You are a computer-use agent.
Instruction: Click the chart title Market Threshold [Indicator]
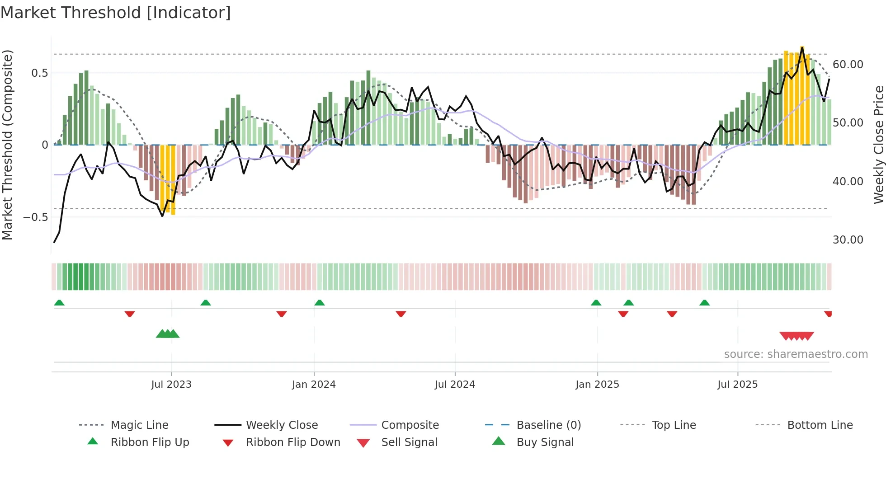(116, 13)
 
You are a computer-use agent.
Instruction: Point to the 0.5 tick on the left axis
(39, 73)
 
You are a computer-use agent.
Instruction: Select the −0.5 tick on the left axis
(36, 217)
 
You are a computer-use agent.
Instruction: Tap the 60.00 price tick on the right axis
(848, 65)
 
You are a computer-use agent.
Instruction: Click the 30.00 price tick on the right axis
(848, 240)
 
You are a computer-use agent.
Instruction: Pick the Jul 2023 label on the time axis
(171, 385)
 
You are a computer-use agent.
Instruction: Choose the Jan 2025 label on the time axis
(597, 385)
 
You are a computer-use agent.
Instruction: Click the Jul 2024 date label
(455, 385)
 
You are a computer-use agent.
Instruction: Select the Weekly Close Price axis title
(878, 145)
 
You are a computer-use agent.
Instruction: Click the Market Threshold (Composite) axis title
(7, 145)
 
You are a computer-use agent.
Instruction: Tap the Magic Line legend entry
(139, 425)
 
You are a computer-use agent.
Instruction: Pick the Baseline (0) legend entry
(548, 425)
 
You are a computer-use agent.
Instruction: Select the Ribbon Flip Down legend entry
(293, 442)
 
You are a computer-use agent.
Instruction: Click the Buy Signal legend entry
(545, 442)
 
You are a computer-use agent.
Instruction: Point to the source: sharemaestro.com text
(796, 354)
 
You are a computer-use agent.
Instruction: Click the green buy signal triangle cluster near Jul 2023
(168, 334)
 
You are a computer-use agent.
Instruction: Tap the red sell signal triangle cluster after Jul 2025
(796, 336)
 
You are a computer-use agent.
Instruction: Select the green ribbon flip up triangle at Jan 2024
(320, 303)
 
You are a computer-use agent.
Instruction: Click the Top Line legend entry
(674, 425)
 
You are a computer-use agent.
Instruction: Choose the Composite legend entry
(410, 425)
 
